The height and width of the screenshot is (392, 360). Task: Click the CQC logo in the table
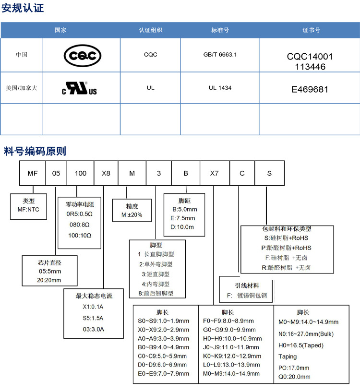[x=83, y=56]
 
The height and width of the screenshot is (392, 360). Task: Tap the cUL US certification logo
[x=80, y=89]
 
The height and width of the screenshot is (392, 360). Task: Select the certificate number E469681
[x=310, y=89]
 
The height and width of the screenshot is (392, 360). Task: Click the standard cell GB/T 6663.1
[x=220, y=55]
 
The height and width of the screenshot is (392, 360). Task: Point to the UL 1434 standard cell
[x=220, y=88]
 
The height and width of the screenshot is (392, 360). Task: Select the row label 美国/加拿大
[x=21, y=88]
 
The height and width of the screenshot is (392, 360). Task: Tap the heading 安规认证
[x=23, y=8]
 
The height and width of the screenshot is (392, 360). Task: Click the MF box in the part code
[x=32, y=173]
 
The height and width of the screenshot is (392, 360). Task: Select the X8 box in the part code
[x=106, y=173]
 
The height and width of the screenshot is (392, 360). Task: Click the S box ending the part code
[x=269, y=173]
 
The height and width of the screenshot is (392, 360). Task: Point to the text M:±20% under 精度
[x=128, y=214]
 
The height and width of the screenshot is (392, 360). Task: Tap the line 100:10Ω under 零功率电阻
[x=79, y=236]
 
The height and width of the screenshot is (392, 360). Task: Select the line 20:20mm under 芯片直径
[x=49, y=280]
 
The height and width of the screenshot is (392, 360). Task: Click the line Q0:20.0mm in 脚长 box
[x=294, y=377]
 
